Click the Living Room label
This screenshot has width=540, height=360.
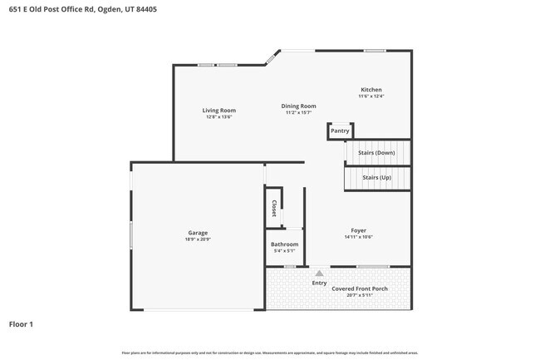pos(219,110)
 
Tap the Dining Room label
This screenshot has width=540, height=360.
pos(298,106)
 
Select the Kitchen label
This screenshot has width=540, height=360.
pos(371,90)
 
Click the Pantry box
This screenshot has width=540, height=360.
pos(340,131)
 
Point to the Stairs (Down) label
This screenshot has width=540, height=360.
pos(376,153)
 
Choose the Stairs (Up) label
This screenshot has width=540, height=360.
pos(376,178)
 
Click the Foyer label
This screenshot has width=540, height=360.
pos(358,230)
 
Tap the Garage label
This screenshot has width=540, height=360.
pos(198,233)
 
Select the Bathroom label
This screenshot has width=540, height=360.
pos(284,244)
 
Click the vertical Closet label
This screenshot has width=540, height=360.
pos(273,209)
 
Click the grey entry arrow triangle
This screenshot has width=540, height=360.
pos(319,272)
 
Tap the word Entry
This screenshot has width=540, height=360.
pos(319,283)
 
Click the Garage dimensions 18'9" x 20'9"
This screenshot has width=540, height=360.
pos(198,239)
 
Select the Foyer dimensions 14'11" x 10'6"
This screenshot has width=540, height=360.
pos(358,237)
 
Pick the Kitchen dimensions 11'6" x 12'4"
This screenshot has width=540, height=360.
pos(371,96)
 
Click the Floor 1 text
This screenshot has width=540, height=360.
pos(21,323)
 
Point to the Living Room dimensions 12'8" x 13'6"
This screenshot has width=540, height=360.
pos(219,116)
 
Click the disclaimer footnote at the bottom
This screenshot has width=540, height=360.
pos(270,353)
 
